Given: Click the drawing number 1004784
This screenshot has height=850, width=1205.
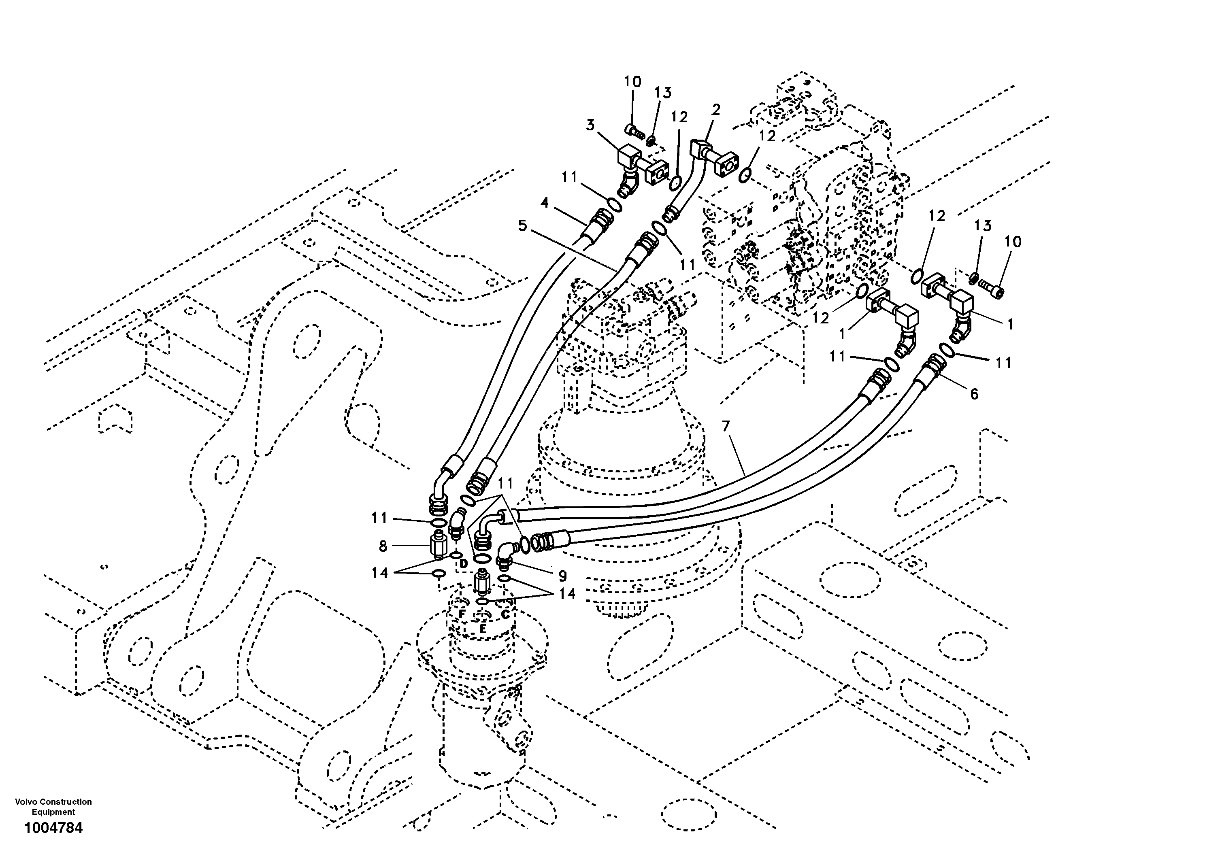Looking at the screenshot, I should (53, 828).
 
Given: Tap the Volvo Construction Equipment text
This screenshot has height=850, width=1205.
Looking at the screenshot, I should (53, 806).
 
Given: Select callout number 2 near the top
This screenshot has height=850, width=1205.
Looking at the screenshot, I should (716, 110).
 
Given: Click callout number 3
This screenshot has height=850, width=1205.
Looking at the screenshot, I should (590, 125).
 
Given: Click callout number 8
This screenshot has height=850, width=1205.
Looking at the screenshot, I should (383, 546).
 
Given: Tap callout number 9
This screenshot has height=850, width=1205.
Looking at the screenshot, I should (562, 576).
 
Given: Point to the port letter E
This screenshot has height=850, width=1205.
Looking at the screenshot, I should (482, 627).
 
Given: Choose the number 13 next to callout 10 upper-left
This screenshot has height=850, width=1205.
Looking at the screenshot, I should (663, 93).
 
